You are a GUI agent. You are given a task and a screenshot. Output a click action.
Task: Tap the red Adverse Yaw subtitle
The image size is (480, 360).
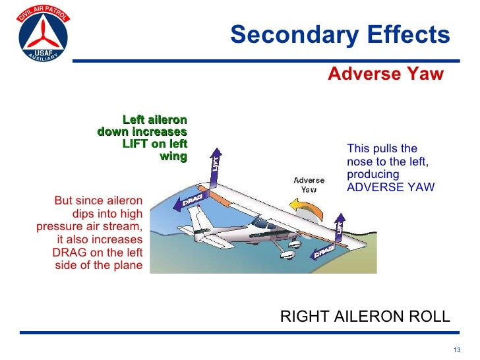386,73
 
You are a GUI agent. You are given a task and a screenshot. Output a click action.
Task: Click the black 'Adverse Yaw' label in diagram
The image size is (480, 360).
309,185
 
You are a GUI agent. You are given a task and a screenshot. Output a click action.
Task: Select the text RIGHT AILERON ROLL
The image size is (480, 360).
365,316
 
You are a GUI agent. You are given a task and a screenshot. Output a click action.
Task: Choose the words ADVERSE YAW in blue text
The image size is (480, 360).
390,187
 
